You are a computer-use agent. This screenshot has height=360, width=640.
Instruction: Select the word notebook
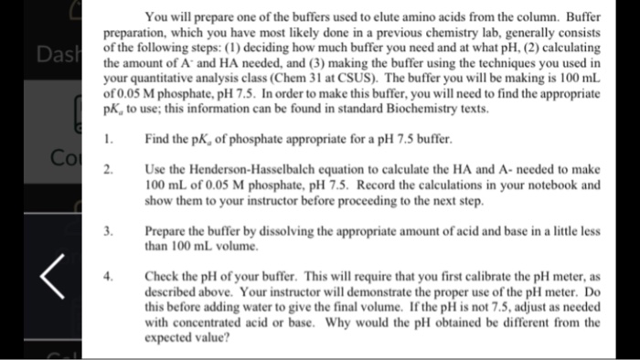pos(540,184)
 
